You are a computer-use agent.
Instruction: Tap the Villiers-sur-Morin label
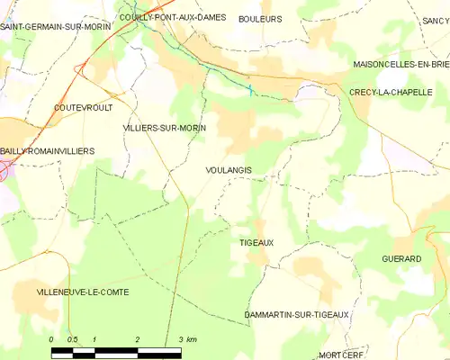tap(164, 129)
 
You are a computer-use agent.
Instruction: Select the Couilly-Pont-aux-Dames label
tap(172, 17)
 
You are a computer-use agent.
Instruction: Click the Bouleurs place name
tap(260, 18)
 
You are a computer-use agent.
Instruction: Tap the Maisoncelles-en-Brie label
tap(400, 65)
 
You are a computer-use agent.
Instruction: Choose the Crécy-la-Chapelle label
tap(391, 92)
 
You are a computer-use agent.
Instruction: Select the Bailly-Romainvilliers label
tap(48, 152)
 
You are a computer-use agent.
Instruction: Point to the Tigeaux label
tap(256, 243)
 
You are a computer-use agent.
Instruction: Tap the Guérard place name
tap(401, 258)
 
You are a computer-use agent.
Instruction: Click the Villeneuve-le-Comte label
tap(70, 292)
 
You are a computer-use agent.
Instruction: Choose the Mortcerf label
tap(339, 355)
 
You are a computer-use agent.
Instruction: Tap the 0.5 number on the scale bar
tap(73, 339)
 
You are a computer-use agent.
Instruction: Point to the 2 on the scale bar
tap(138, 339)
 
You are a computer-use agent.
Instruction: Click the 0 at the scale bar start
tap(51, 339)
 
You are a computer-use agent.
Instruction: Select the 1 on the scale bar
tap(94, 339)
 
